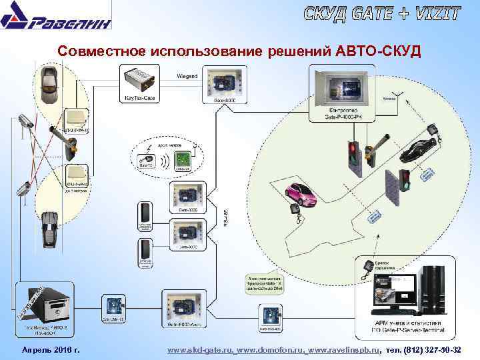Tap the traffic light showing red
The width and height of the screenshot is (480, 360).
tap(353, 153)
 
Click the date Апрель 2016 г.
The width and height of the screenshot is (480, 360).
tap(51, 350)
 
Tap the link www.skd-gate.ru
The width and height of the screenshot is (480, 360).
tap(199, 350)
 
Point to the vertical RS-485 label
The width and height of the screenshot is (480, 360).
tap(225, 214)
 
